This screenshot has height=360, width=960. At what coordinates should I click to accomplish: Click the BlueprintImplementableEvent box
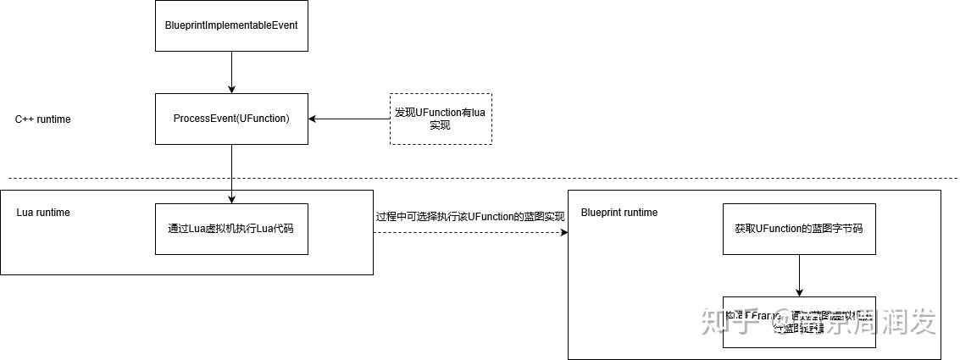click(x=231, y=25)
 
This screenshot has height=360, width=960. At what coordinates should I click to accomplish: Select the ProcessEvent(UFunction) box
click(x=231, y=119)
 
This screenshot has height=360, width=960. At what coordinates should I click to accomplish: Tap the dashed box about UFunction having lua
click(x=440, y=119)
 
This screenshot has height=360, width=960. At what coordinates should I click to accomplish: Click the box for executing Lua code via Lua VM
click(x=231, y=229)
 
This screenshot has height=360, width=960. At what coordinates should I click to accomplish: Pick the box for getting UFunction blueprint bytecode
click(x=798, y=229)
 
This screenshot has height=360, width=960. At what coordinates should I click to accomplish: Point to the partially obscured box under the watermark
click(x=798, y=322)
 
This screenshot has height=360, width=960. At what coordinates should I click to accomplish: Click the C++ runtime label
click(x=43, y=119)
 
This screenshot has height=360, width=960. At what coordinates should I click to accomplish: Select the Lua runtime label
click(x=43, y=213)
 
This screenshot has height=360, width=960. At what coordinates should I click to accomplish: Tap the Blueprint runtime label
click(x=619, y=213)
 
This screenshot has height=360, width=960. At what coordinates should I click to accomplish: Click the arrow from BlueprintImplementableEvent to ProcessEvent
click(x=231, y=72)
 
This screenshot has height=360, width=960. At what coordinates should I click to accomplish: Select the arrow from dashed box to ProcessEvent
click(x=349, y=119)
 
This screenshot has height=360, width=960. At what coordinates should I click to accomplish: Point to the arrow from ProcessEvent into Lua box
click(x=231, y=174)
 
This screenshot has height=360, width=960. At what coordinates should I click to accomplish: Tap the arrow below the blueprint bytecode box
click(x=798, y=275)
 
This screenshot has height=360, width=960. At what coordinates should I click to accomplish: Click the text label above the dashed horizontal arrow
click(x=470, y=216)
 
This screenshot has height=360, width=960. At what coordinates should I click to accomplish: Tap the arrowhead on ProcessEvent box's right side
click(x=313, y=119)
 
